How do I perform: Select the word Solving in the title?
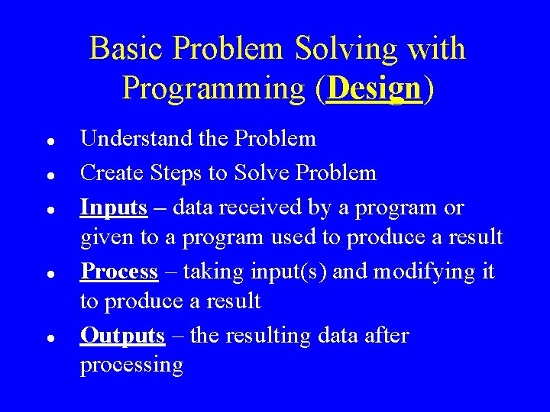coord(345,49)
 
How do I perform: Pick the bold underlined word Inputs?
coord(114,208)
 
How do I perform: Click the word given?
coord(107,238)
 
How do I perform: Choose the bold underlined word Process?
coord(119,271)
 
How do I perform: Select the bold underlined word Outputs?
coord(122,335)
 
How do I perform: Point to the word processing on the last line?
coord(131,365)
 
